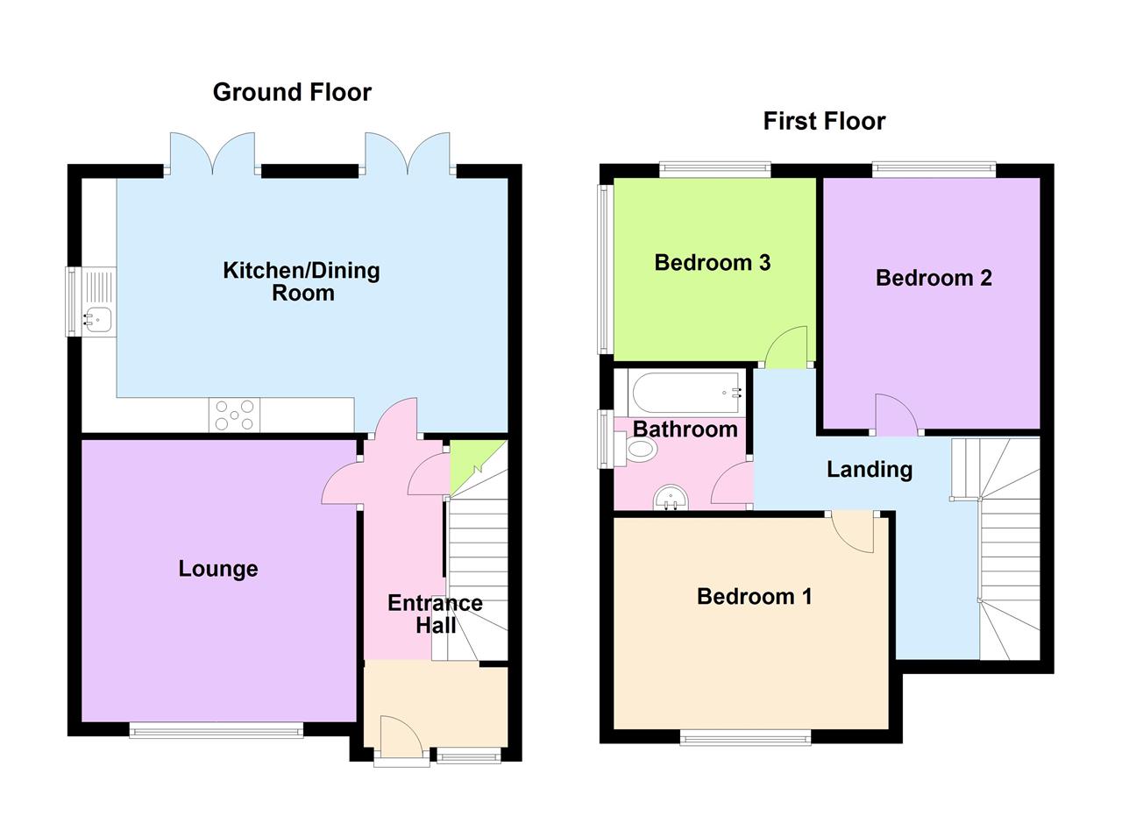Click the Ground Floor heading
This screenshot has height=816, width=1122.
tap(292, 92)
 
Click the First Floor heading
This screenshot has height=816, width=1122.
tap(824, 121)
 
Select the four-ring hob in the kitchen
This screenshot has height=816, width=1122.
tap(235, 415)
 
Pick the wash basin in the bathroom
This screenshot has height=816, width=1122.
tap(671, 498)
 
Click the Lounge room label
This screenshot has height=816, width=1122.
tap(218, 569)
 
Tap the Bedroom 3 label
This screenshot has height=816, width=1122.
tap(712, 262)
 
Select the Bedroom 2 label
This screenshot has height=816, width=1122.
tap(934, 278)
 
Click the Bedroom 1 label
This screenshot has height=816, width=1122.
tap(754, 597)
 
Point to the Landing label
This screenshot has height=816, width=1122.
tap(870, 470)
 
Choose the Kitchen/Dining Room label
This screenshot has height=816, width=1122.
tap(302, 281)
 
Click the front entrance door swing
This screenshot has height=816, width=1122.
tap(399, 736)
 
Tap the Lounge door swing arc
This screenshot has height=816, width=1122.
tap(342, 484)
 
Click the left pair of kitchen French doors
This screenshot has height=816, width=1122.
tap(212, 153)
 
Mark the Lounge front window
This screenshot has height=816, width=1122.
tap(216, 729)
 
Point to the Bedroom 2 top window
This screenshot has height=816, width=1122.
tap(934, 169)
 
